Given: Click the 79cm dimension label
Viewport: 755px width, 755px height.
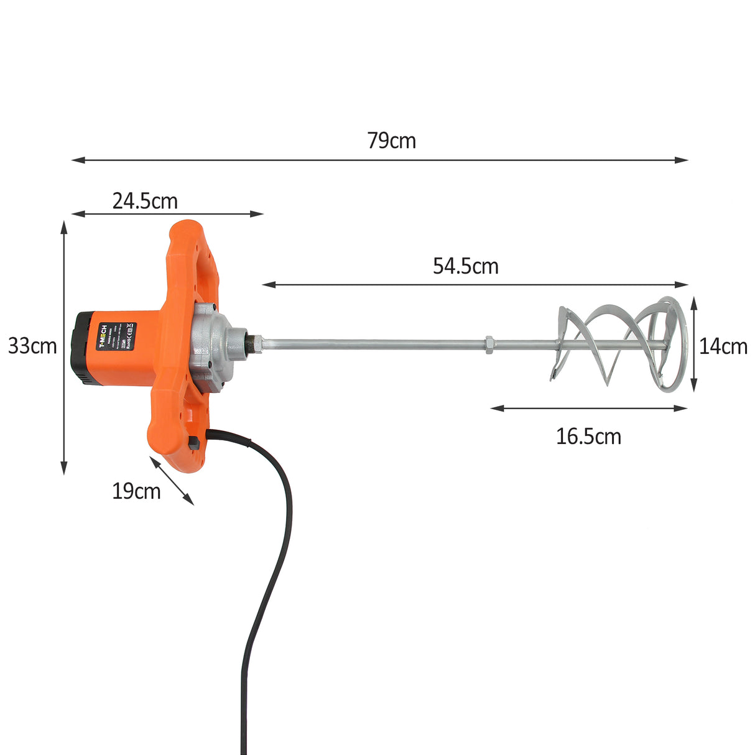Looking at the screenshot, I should point(391,141).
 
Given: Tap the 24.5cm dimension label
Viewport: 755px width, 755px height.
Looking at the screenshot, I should point(145,201).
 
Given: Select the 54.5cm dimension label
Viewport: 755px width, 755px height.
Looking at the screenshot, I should point(466,267).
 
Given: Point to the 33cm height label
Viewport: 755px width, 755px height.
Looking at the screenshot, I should point(32,346).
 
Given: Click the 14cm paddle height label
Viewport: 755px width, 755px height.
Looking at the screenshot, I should point(723,346).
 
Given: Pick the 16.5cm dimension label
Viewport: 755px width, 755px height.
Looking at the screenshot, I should point(588,437).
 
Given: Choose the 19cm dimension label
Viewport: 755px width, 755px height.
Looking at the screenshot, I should point(136,491).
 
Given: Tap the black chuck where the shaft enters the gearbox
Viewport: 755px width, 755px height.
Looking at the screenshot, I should point(254,343).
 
